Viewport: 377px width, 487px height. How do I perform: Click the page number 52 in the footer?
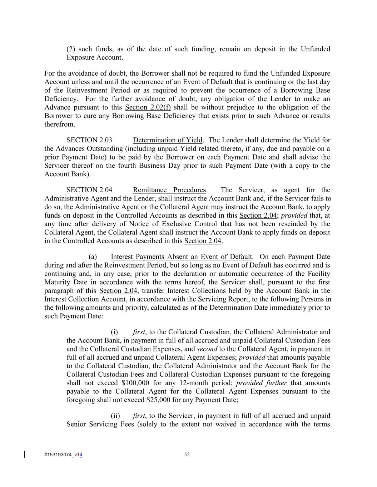(x=187, y=454)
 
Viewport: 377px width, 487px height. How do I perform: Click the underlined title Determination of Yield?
(x=168, y=140)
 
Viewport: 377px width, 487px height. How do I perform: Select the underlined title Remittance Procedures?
(x=169, y=190)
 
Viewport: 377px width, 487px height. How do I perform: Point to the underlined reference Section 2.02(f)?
(x=148, y=107)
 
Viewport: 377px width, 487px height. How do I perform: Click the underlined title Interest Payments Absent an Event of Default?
(x=181, y=257)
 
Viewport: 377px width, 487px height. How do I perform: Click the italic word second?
(x=207, y=349)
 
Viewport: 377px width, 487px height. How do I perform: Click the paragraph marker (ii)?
(x=115, y=416)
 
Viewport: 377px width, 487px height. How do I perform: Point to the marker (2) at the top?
(x=70, y=49)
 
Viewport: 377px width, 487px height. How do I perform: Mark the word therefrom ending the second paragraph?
(x=60, y=125)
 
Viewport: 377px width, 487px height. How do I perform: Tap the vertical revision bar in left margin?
(x=24, y=454)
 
